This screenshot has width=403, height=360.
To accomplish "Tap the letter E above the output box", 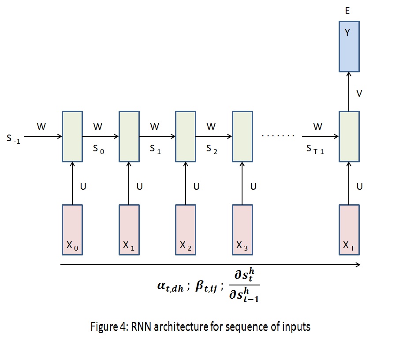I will [347, 11].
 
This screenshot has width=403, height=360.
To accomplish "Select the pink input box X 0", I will [72, 229].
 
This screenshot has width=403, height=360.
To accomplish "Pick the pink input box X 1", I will [129, 229].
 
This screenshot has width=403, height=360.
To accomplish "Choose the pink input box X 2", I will [186, 229].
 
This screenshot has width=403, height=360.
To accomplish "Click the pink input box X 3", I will [242, 229].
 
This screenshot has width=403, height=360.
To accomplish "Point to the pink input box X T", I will [349, 229].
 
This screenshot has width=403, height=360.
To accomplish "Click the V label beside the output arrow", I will [359, 94].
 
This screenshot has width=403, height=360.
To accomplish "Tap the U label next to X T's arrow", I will [359, 186].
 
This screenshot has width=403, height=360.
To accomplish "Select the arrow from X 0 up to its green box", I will [72, 183].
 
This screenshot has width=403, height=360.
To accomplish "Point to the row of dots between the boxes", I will [278, 135].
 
